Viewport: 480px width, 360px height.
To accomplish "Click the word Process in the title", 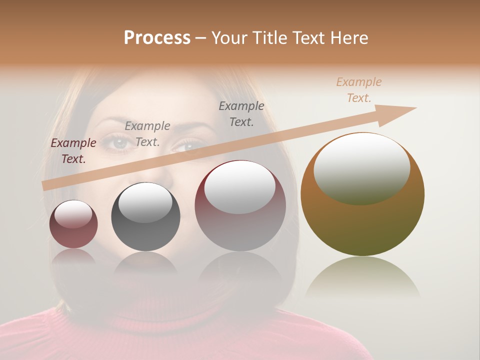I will pyautogui.click(x=157, y=38).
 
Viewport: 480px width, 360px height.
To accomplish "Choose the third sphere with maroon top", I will pyautogui.click(x=240, y=205).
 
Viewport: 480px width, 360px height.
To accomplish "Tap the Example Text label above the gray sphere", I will pyautogui.click(x=147, y=134).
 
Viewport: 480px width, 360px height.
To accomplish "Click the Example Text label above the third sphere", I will pyautogui.click(x=241, y=113).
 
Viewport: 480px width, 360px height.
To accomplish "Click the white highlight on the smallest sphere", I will pyautogui.click(x=73, y=214).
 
